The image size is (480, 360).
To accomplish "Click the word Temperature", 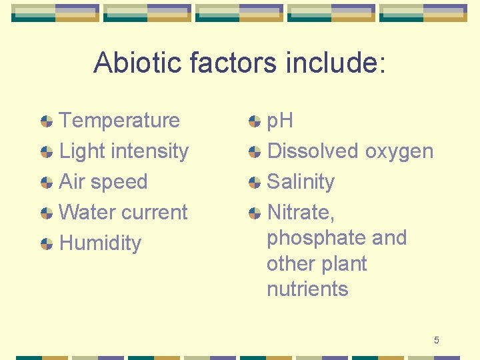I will point(119,121).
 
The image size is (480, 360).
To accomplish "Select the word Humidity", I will point(100,243).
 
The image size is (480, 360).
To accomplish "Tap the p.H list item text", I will point(280,121).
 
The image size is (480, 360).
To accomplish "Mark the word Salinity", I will point(301,181).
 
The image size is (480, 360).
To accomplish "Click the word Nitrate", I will point(299,213).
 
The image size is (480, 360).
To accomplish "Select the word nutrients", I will point(307,289).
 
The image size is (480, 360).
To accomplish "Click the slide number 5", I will point(436,341).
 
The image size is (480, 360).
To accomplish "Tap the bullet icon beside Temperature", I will point(47,121).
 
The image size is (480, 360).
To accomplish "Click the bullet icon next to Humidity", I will point(47,244).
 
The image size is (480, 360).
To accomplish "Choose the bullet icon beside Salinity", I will point(255,183).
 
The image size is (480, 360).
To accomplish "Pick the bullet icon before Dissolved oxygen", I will point(255,152).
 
